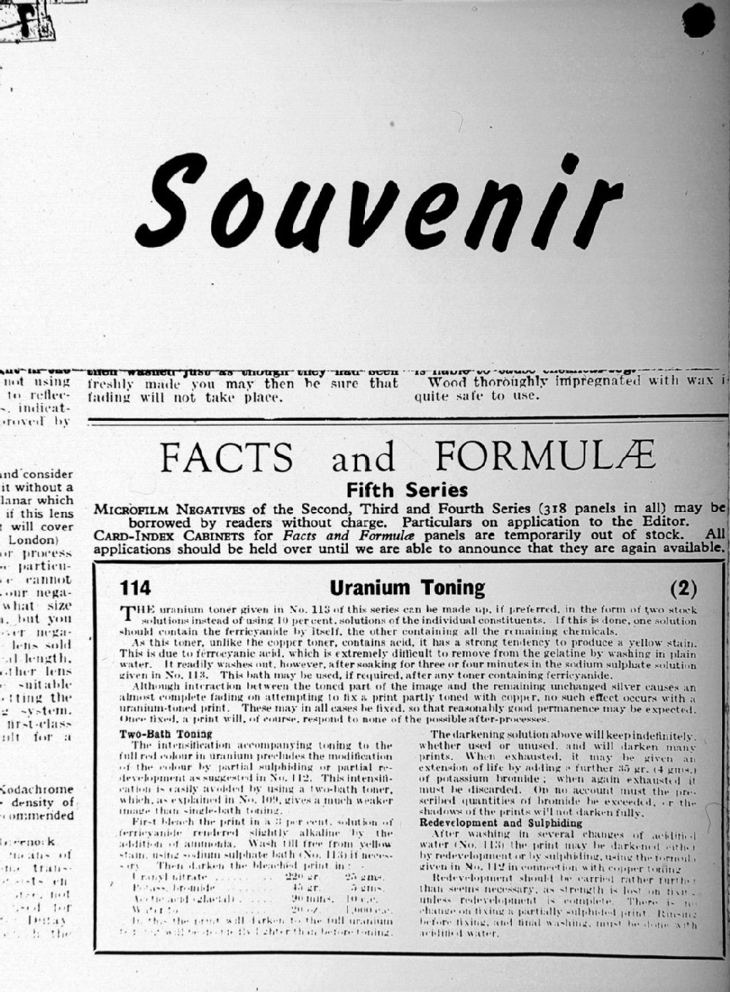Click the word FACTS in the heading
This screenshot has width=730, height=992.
[227, 457]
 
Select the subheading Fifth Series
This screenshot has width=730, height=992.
[406, 491]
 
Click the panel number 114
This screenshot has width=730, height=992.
[135, 588]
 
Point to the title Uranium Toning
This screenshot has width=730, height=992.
[407, 588]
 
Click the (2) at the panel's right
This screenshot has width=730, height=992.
[684, 588]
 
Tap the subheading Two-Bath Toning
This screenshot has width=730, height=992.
[155, 734]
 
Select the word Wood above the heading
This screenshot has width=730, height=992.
[446, 382]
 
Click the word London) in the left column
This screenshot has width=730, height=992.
[48, 540]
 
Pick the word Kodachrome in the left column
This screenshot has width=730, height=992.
[38, 789]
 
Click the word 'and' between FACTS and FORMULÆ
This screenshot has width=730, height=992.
[363, 458]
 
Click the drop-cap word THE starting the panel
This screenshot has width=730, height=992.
[135, 611]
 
